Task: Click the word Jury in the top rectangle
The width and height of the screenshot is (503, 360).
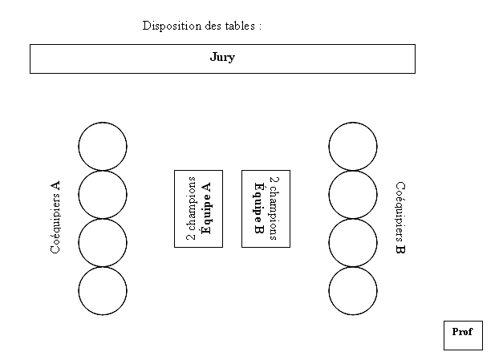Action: pos(222,58)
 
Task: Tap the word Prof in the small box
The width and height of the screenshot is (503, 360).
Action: pos(462,331)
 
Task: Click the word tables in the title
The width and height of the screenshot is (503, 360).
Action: pos(240,26)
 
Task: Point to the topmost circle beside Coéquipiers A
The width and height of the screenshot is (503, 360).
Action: pos(79,147)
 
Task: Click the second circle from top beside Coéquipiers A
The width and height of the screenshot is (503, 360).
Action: pos(79,195)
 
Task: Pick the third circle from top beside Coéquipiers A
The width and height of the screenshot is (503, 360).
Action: pos(79,243)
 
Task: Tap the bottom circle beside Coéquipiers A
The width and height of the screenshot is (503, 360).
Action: pos(79,291)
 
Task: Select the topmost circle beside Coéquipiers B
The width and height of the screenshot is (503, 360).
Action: pos(329,147)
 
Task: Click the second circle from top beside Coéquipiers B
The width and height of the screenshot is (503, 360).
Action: pos(329,195)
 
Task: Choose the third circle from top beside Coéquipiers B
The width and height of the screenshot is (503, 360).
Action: pos(329,243)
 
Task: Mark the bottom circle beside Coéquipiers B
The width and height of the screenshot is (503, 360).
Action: pos(329,291)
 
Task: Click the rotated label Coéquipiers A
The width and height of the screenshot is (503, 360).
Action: pos(55,217)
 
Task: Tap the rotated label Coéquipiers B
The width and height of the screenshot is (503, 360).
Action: pos(400,217)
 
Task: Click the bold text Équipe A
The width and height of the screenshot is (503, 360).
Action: pos(205,208)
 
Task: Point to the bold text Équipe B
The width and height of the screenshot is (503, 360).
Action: pos(259,208)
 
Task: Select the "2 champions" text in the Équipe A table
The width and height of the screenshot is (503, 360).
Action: pos(191,208)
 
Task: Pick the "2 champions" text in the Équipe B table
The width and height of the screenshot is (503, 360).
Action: pos(274,208)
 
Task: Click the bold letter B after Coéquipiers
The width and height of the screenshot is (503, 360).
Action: pos(400,249)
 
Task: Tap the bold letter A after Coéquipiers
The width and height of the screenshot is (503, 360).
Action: pos(55,185)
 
